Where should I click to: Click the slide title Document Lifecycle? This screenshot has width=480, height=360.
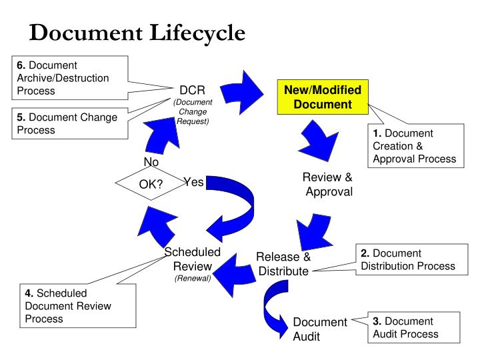[137, 31]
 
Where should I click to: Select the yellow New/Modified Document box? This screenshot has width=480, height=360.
[323, 97]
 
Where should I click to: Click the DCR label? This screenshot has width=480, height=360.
[192, 91]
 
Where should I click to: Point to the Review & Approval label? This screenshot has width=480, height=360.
[327, 185]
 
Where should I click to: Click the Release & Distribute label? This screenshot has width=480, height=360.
[283, 264]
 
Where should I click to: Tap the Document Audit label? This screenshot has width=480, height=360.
[319, 329]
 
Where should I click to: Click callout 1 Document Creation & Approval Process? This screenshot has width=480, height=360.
[414, 145]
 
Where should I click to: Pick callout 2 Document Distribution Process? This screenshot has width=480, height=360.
[407, 259]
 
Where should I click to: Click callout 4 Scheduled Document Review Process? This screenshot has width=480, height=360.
[67, 305]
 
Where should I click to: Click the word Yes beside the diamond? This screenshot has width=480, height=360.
[193, 182]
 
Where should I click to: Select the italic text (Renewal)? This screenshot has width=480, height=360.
[193, 278]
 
